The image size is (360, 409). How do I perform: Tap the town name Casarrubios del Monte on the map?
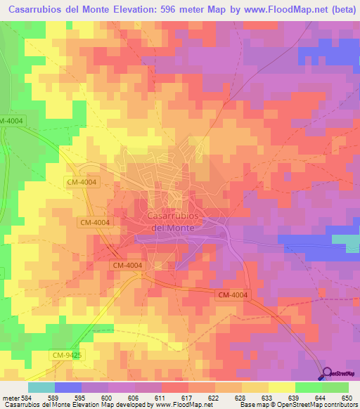[x=173, y=222]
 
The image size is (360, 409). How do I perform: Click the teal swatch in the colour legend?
[x=41, y=387]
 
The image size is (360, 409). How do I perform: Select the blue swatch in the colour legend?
[x=67, y=387]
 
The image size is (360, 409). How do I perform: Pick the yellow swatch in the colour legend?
[x=281, y=387]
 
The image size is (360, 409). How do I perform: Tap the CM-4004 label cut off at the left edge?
[x=12, y=121]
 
